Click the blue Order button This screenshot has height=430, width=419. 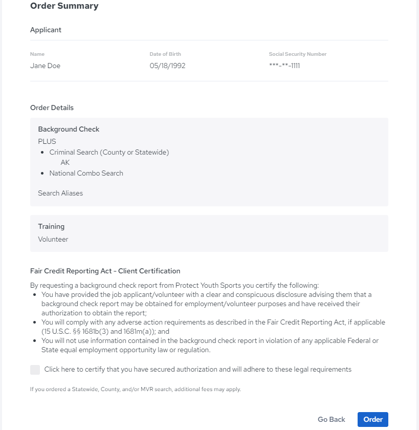pyautogui.click(x=373, y=419)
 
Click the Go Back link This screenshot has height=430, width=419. pyautogui.click(x=331, y=419)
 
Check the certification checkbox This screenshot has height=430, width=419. pyautogui.click(x=35, y=370)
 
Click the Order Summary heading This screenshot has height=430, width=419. pyautogui.click(x=64, y=6)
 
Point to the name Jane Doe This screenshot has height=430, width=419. pyautogui.click(x=45, y=66)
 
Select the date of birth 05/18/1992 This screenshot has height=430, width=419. pyautogui.click(x=167, y=66)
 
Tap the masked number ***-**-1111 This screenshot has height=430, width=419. pyautogui.click(x=284, y=66)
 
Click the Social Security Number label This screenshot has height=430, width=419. pyautogui.click(x=297, y=54)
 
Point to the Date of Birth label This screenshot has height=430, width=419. pyautogui.click(x=165, y=54)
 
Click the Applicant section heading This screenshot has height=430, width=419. pyautogui.click(x=46, y=30)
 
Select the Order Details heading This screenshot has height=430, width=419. pyautogui.click(x=52, y=107)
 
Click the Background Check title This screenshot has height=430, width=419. pyautogui.click(x=69, y=129)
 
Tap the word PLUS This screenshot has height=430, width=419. pyautogui.click(x=47, y=141)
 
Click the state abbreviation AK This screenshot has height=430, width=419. pyautogui.click(x=65, y=162)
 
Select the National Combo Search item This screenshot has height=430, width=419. pyautogui.click(x=86, y=173)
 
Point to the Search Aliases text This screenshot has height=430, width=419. pyautogui.click(x=60, y=193)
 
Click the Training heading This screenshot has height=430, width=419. pyautogui.click(x=51, y=226)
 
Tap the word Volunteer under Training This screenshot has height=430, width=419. pyautogui.click(x=53, y=239)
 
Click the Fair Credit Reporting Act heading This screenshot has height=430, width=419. pyautogui.click(x=105, y=271)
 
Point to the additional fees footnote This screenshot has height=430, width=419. pyautogui.click(x=135, y=389)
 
